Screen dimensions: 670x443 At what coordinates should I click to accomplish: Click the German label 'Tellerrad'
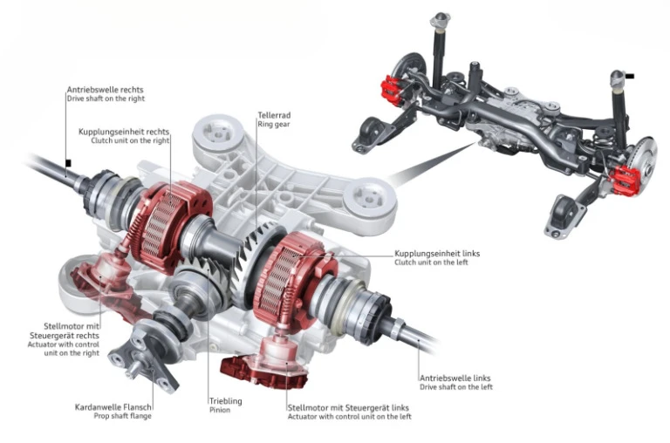(274, 115)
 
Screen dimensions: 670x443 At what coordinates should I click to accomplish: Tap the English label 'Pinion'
(220, 410)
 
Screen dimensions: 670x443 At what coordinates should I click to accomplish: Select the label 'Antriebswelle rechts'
(105, 90)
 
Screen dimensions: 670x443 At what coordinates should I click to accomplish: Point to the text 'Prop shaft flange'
(123, 416)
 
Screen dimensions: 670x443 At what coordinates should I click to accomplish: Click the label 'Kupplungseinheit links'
(437, 253)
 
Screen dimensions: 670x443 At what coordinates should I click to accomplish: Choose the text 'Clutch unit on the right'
(130, 140)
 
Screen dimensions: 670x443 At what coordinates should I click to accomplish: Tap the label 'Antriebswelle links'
(455, 378)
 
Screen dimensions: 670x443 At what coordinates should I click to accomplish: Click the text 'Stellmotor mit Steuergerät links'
(348, 408)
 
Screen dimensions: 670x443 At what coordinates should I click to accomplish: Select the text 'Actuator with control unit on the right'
(64, 349)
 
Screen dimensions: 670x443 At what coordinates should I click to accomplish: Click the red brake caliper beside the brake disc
(626, 181)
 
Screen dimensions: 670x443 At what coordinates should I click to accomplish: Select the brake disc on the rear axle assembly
(643, 160)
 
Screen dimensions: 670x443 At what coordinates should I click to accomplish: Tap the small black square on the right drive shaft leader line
(68, 163)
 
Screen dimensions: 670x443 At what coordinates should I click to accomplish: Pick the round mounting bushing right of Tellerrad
(369, 200)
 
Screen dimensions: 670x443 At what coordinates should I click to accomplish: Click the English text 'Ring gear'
(274, 125)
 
